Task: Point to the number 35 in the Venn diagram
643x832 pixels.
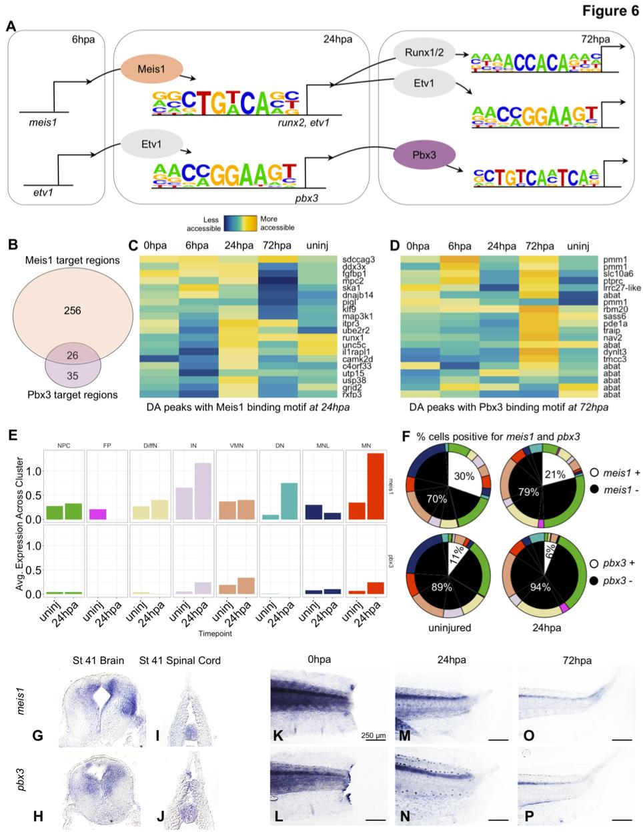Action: [72, 376]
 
